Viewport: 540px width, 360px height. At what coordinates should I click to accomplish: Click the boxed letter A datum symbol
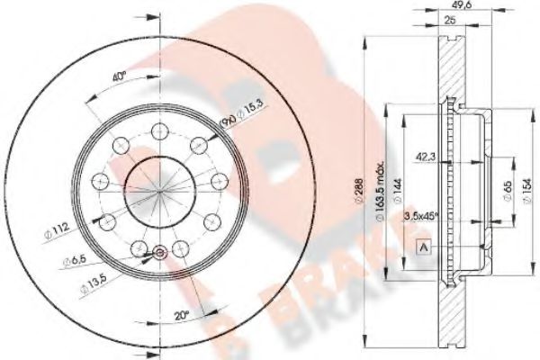[x=422, y=247]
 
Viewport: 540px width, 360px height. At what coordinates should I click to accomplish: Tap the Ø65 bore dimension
[x=507, y=190]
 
